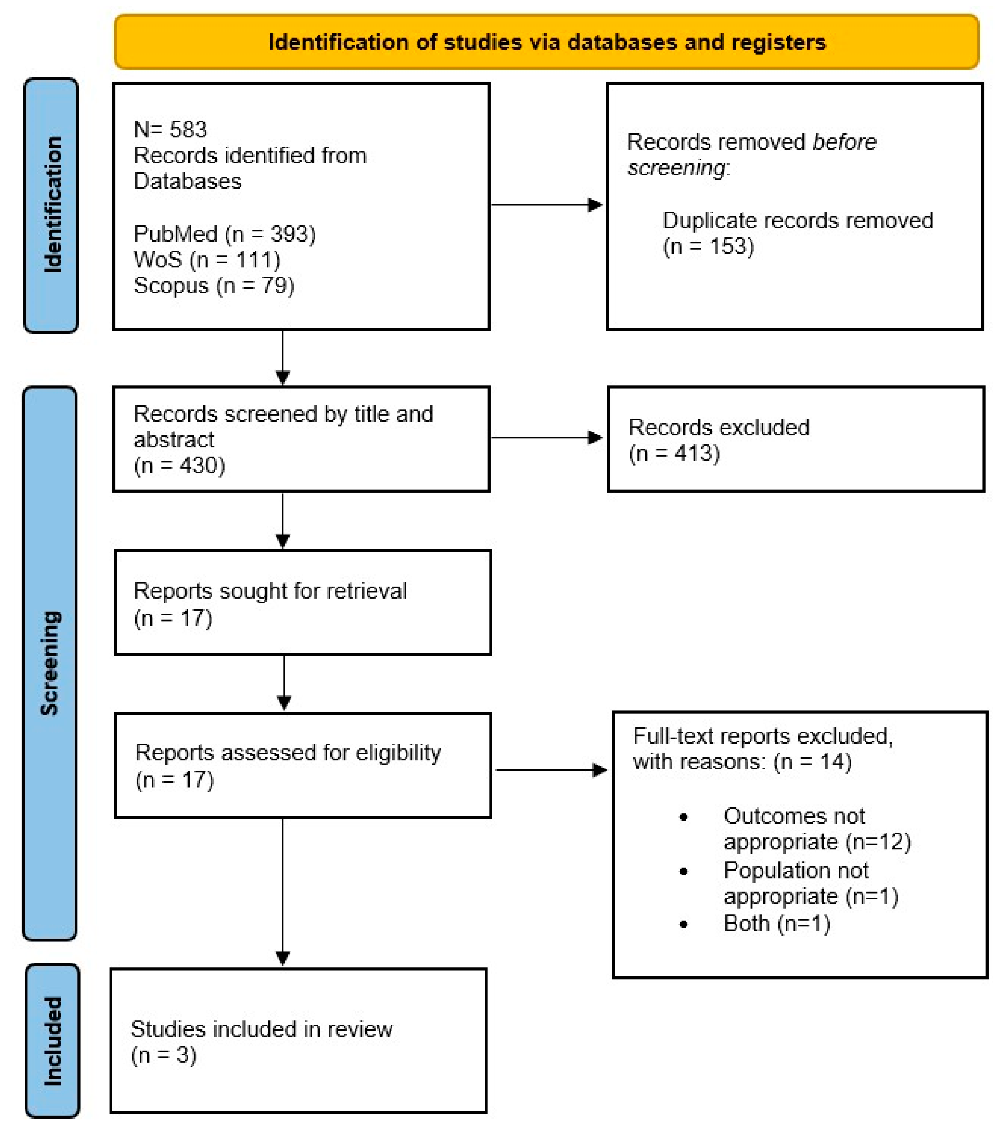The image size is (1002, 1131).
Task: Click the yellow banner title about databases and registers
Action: (546, 42)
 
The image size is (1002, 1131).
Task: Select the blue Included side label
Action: (52, 1040)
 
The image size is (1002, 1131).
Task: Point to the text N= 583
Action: (170, 130)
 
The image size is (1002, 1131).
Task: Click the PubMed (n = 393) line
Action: (225, 234)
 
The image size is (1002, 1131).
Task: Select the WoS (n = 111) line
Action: (207, 260)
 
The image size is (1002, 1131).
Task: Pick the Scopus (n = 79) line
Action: (214, 285)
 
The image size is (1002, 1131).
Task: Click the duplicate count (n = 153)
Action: (708, 246)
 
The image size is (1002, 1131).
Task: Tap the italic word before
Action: (843, 142)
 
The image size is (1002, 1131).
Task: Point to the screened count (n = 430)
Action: (179, 465)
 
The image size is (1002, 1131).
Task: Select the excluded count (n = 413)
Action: (673, 453)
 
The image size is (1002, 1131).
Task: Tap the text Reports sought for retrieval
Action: (270, 591)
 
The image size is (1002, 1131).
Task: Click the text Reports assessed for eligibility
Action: (288, 752)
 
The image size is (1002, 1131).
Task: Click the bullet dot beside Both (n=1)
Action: (683, 924)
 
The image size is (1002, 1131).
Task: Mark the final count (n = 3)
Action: (164, 1055)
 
